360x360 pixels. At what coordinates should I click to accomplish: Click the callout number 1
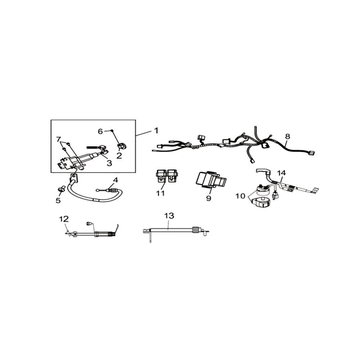coord(156,131)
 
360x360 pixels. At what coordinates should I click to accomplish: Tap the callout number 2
coord(119,156)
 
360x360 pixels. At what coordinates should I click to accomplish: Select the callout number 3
coord(109,163)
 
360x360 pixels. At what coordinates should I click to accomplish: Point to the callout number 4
coord(116,180)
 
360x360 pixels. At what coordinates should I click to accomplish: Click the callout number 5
coord(58,200)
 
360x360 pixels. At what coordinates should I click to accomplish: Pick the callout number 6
coord(100,131)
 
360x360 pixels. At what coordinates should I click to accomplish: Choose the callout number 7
coord(59,139)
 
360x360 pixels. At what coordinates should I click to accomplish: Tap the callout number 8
coord(287,136)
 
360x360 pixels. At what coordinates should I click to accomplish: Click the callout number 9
coord(208,198)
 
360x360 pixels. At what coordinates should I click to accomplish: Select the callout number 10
coord(240,196)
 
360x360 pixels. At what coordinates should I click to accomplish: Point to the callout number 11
coord(161,193)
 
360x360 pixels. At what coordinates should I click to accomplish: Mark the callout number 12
coord(64,219)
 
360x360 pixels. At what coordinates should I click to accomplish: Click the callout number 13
coord(169,216)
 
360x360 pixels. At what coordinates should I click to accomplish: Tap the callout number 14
coord(282,173)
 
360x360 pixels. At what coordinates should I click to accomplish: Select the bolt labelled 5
coord(61,189)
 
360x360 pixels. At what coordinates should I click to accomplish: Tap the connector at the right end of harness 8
coord(312,153)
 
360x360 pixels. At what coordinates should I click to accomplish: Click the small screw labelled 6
coord(111,131)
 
